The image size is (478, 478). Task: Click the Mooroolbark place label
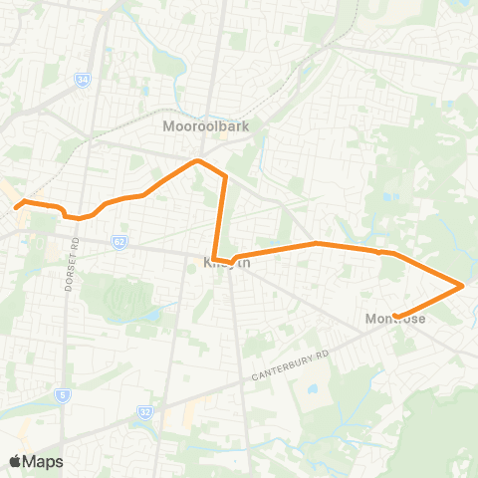coord(205,126)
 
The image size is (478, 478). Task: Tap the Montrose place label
coord(395,318)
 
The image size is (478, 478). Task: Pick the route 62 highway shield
coord(119,241)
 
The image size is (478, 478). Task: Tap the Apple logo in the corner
coord(15,461)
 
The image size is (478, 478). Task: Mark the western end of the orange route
coord(17,207)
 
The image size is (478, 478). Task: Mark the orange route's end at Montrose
coord(396,317)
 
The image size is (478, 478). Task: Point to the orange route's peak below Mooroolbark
coord(198,159)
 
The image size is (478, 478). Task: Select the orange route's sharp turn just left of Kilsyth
coord(214,259)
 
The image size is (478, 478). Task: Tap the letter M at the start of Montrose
coord(370,318)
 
